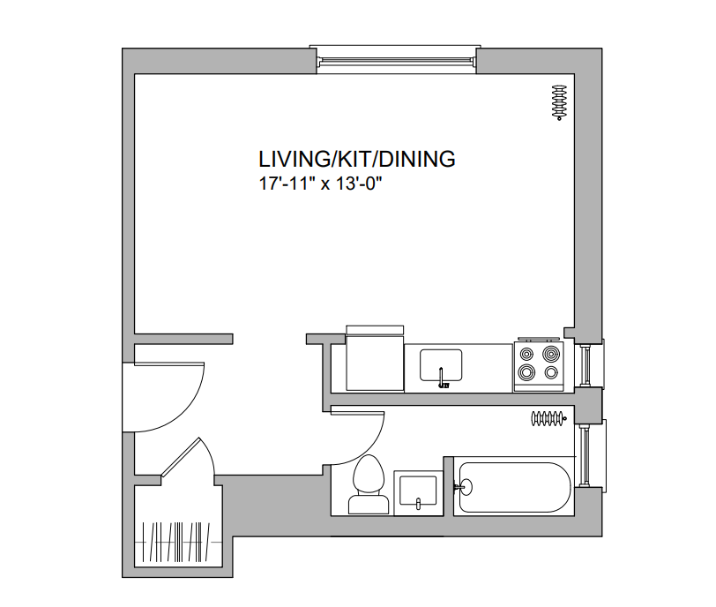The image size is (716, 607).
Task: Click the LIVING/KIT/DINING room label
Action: tap(356, 159)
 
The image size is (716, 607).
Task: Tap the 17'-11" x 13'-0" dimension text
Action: tap(320, 184)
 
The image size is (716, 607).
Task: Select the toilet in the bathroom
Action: tap(369, 484)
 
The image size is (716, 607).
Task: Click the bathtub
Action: tap(514, 487)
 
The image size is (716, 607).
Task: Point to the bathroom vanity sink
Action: tap(418, 491)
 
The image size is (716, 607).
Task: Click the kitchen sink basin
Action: tap(441, 365)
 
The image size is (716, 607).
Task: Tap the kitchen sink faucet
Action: tap(442, 378)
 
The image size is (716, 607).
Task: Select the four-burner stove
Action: tap(539, 366)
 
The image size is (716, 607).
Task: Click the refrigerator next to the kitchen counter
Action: tap(375, 358)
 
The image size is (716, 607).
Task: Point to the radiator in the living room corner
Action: tap(559, 102)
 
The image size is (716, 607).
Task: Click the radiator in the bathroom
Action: tap(548, 418)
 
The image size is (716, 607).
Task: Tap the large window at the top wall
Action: tap(395, 59)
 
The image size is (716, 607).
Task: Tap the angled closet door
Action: tap(181, 458)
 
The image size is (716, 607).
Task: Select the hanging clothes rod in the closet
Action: tap(177, 542)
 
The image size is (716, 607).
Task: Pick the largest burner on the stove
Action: tap(551, 354)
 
